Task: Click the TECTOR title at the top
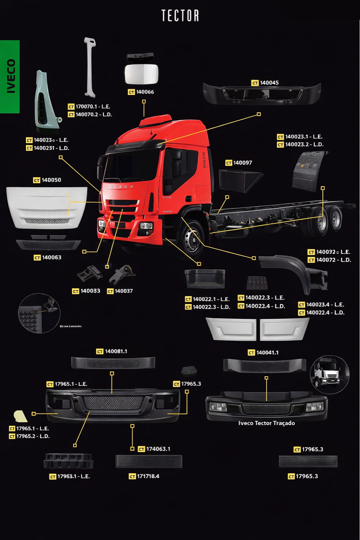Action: (x=180, y=16)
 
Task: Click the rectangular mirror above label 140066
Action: (x=142, y=73)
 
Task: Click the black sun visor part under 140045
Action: (x=262, y=94)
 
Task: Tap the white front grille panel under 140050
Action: (x=46, y=207)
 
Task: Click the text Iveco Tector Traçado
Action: (x=266, y=423)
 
